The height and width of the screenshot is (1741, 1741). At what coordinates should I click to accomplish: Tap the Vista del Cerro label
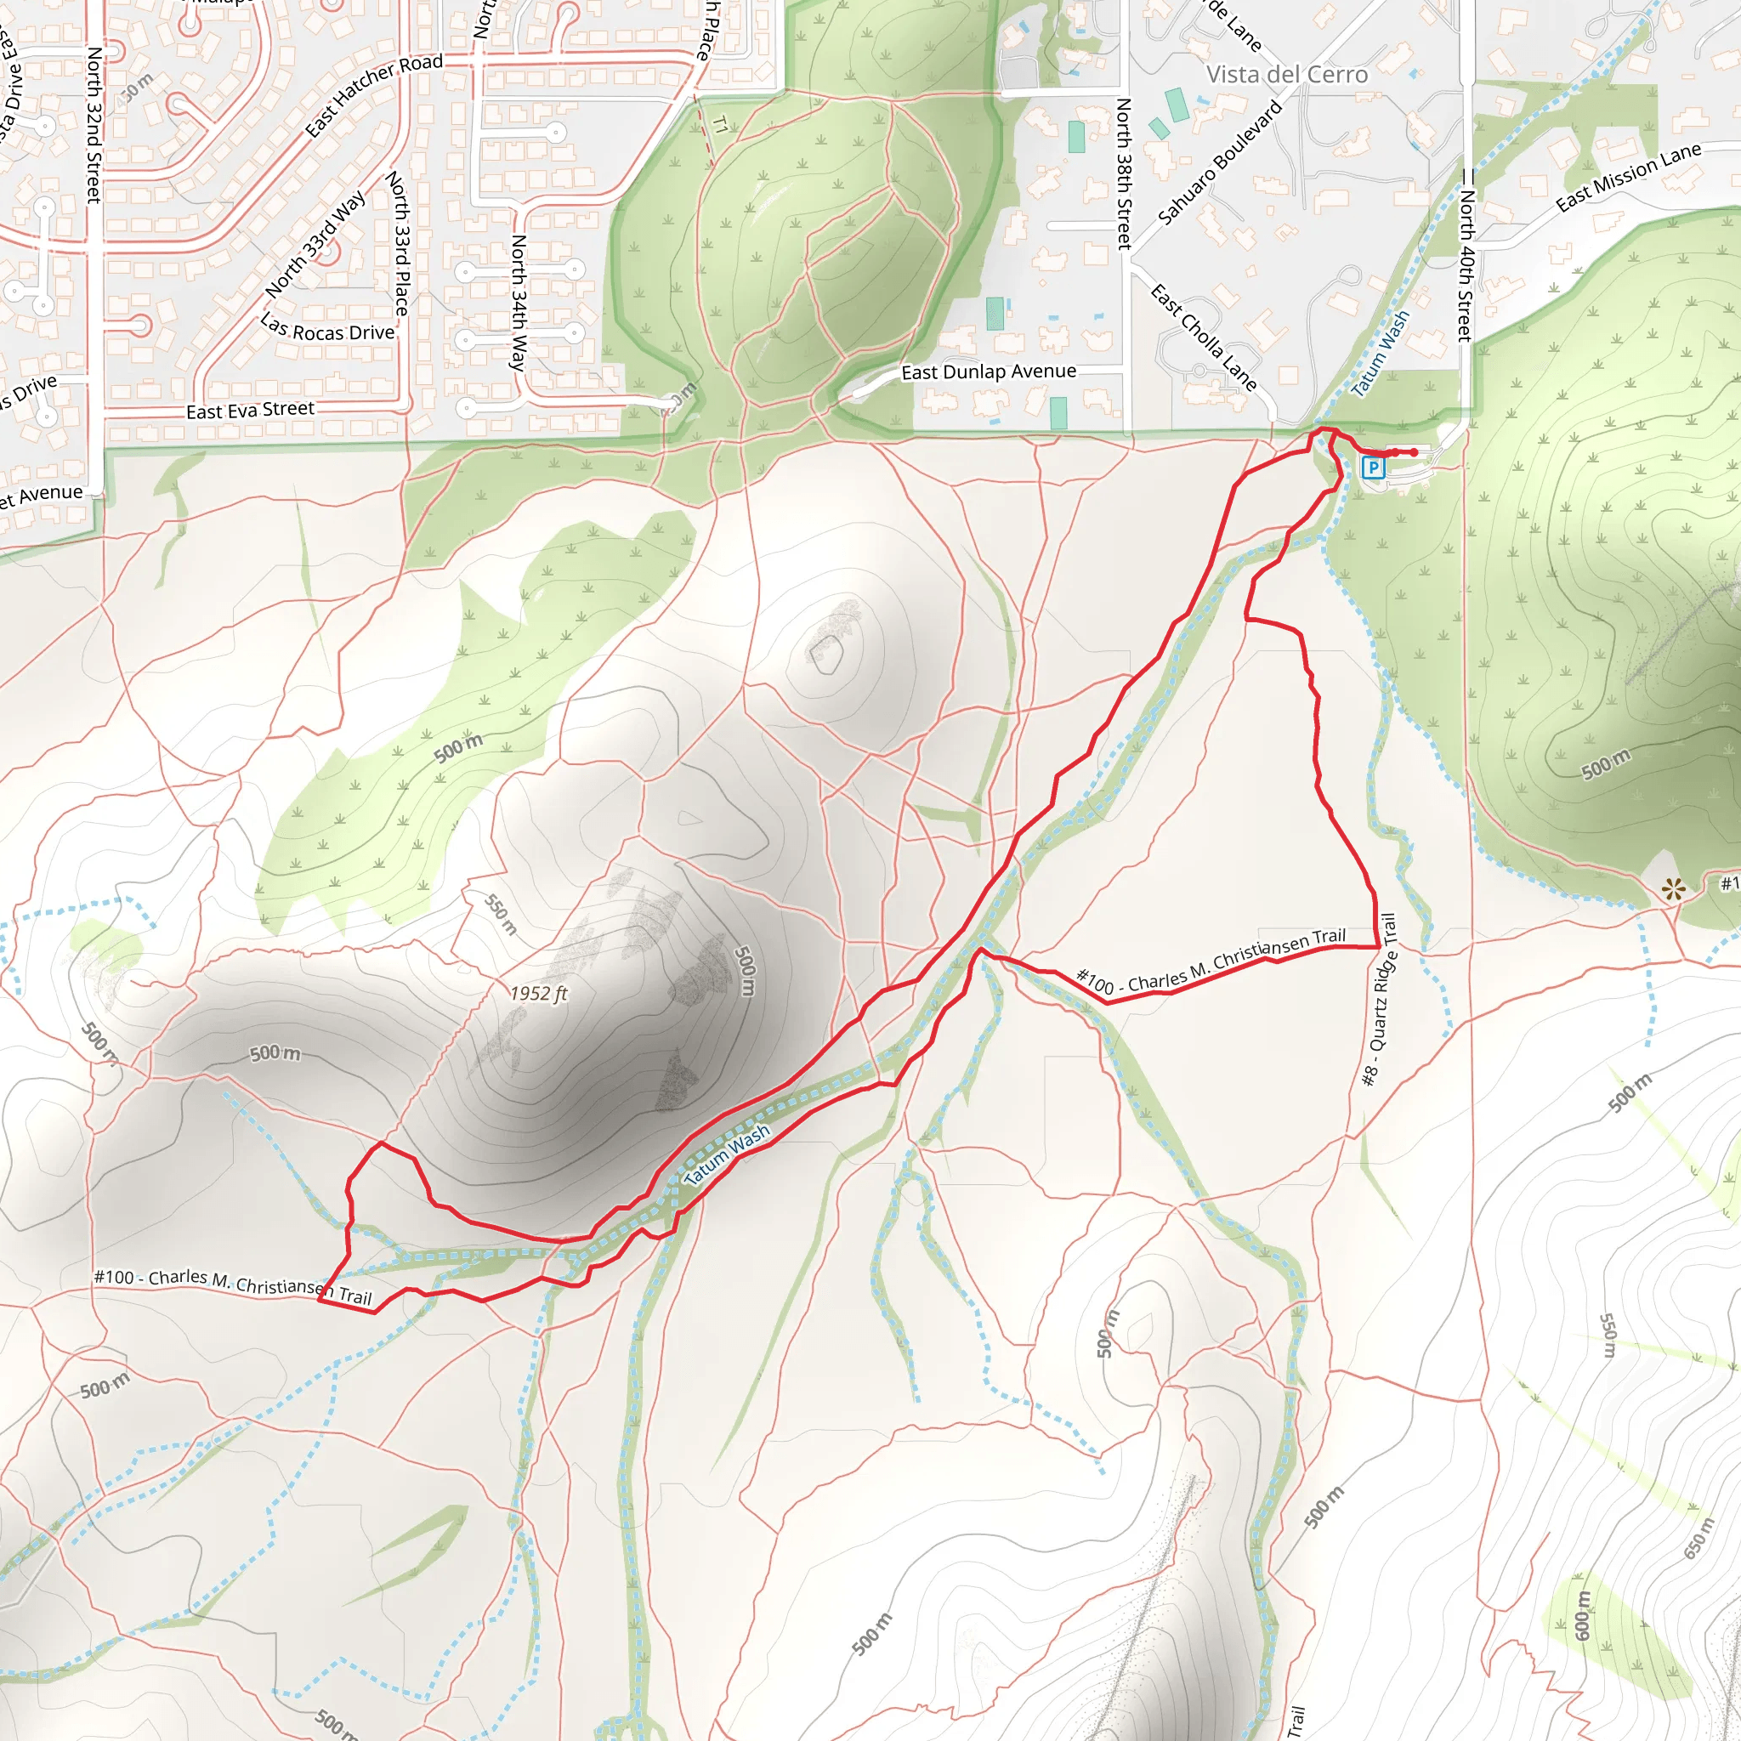click(1287, 75)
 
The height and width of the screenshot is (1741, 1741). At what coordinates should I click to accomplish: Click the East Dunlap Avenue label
click(989, 371)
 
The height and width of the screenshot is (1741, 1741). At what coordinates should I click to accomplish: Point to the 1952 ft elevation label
click(538, 993)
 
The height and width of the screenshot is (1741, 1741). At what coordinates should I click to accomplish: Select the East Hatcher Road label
click(374, 94)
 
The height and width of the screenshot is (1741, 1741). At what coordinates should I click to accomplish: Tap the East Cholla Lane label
click(1204, 337)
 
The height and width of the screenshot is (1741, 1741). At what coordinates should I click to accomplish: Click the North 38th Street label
click(1124, 173)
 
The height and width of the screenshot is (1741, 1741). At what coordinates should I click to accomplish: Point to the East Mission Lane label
click(1628, 177)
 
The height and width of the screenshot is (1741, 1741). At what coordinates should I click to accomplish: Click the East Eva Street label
click(251, 410)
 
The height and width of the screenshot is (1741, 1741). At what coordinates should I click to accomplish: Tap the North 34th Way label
click(519, 303)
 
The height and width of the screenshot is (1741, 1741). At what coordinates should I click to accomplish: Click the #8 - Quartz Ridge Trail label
click(1379, 1000)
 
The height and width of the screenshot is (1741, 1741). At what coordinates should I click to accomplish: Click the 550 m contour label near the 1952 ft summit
click(501, 914)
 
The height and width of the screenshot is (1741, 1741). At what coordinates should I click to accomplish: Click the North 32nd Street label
click(94, 125)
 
